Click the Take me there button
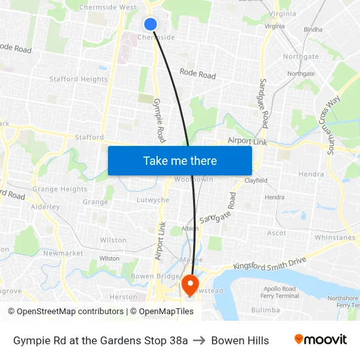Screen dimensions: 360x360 pyautogui.click(x=180, y=160)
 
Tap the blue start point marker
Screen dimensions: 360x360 pyautogui.click(x=151, y=24)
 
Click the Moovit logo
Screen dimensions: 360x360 pyautogui.click(x=320, y=340)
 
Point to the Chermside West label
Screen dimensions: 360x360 pyautogui.click(x=107, y=7)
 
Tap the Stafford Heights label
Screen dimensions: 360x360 pyautogui.click(x=79, y=79)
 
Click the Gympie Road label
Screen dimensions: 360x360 pyautogui.click(x=158, y=120)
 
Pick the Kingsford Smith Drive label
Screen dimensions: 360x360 pyautogui.click(x=270, y=263)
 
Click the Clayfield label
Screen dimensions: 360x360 pyautogui.click(x=256, y=180)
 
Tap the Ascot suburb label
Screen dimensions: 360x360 pyautogui.click(x=277, y=233)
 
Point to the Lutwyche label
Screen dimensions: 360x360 pyautogui.click(x=153, y=200)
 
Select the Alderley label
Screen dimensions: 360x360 pyautogui.click(x=45, y=207)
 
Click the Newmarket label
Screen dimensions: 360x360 pyautogui.click(x=63, y=253)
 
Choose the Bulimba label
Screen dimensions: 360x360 pyautogui.click(x=265, y=310)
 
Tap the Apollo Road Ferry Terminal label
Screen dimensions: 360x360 pyautogui.click(x=281, y=292)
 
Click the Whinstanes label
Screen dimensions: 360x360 pyautogui.click(x=334, y=238)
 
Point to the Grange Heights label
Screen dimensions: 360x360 pyautogui.click(x=60, y=189)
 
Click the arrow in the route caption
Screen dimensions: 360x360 pyautogui.click(x=199, y=340)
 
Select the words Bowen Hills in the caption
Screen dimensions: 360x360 pyautogui.click(x=240, y=340)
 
